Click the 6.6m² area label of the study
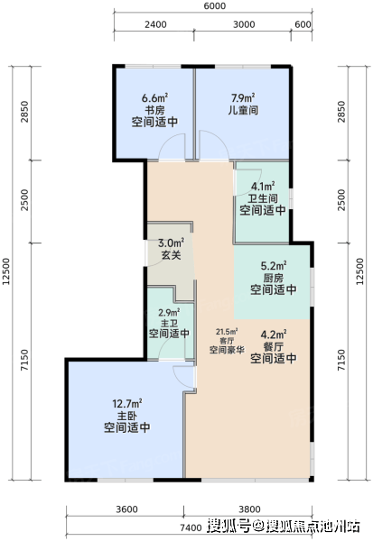154,98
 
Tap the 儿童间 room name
243,110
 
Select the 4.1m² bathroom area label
263,187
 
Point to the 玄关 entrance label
171,255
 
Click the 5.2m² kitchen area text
274,266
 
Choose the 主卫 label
169,324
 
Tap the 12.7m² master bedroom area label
127,403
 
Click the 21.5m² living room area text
227,332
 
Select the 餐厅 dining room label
273,346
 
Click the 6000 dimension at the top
214,6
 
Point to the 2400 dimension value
155,24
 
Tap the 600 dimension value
303,24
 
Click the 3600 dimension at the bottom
126,509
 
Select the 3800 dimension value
249,509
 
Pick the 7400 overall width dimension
191,527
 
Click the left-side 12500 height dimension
6,271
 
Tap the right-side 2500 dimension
341,200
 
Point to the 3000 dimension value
244,24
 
